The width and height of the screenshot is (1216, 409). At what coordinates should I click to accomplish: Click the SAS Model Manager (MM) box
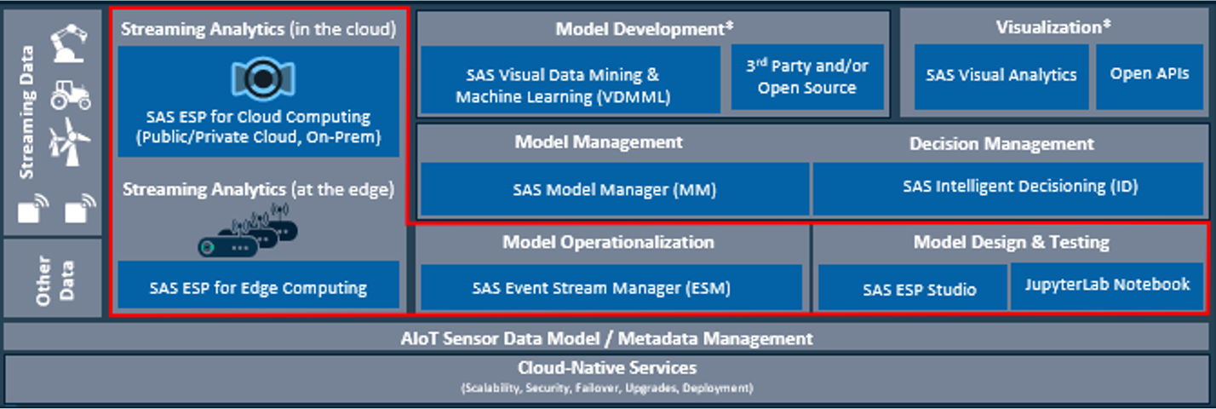[x=615, y=189]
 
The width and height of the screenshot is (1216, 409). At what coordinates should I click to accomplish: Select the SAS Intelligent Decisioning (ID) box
[x=1008, y=189]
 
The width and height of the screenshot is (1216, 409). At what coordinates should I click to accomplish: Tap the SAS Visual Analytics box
[x=1001, y=77]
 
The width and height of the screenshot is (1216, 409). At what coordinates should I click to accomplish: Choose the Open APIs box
[x=1150, y=77]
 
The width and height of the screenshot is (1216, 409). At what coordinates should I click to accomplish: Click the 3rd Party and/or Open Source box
[x=807, y=78]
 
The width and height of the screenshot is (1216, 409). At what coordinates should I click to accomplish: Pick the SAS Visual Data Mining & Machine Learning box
[x=571, y=80]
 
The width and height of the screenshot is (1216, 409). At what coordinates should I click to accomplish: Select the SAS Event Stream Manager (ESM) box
[x=611, y=287]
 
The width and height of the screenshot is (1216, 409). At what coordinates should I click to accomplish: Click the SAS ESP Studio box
[x=913, y=287]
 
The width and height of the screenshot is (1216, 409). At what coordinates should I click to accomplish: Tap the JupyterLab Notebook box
[x=1107, y=286]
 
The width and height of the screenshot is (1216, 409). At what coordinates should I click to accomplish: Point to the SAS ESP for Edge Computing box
[x=258, y=285]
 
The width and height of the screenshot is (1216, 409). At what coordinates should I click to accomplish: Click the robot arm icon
[x=68, y=43]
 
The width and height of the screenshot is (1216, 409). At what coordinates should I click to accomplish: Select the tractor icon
[x=71, y=95]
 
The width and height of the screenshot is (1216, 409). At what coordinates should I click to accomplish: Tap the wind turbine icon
[x=70, y=141]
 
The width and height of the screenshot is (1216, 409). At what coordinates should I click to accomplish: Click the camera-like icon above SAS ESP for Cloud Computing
[x=263, y=78]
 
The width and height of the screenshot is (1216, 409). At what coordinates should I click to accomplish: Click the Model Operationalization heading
[x=608, y=242]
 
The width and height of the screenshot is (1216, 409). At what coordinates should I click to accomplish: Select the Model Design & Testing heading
[x=1011, y=242]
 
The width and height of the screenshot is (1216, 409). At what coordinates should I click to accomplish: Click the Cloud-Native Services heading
[x=607, y=368]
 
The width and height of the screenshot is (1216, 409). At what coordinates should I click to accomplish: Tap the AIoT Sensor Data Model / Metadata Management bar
[x=607, y=337]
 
